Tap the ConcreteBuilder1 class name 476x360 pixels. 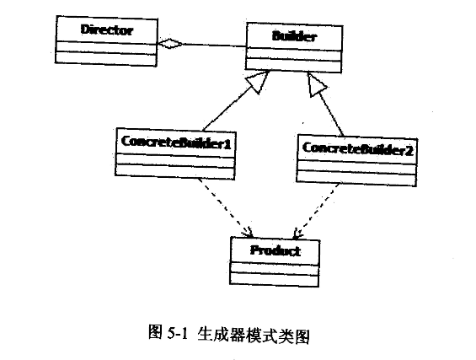click(x=176, y=142)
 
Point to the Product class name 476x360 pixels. click(x=275, y=250)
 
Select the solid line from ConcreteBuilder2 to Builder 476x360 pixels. click(x=331, y=110)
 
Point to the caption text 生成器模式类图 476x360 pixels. click(x=253, y=333)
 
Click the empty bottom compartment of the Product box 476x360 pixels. click(x=275, y=277)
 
